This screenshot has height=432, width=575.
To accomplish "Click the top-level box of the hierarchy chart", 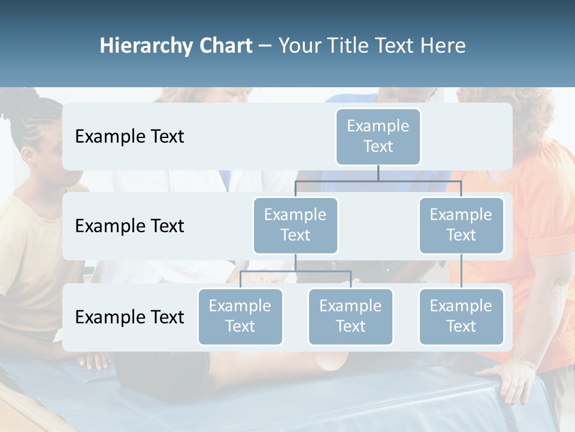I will pos(378,136).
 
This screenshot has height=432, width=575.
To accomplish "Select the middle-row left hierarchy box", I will pos(295,225).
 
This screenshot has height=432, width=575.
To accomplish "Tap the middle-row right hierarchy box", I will pos(461,225).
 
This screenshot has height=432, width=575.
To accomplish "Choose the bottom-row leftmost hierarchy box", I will pos(240,316).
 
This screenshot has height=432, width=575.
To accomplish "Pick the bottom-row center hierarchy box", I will pos(350,316).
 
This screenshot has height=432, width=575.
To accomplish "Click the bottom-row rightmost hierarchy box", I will pos(461,316).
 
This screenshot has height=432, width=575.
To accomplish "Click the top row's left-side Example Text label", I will pos(129,137).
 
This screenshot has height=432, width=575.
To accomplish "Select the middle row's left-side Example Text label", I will pos(129,226).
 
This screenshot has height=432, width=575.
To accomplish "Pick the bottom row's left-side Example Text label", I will pos(129,317).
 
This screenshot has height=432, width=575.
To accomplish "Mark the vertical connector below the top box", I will pos(378,173).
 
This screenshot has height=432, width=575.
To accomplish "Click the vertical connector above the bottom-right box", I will pos(461,271).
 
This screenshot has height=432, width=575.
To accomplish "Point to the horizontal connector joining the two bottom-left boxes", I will pos(295,271).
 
